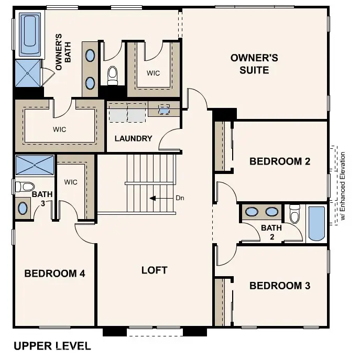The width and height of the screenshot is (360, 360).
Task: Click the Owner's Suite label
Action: [249, 63]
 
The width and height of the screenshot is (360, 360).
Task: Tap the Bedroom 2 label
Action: [280, 161]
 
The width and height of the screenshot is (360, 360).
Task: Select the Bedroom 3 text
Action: [280, 286]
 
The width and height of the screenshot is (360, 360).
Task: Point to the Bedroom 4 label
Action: [54, 273]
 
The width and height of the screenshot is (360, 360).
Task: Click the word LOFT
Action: [155, 270]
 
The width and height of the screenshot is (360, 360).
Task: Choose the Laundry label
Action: [134, 139]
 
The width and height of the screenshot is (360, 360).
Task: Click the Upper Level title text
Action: [52, 346]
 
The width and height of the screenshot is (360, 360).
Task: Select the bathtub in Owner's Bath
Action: [30, 35]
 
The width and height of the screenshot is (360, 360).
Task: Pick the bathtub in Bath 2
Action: [316, 223]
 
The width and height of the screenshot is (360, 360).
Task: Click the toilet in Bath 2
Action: [294, 214]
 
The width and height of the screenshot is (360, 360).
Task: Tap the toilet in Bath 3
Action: [25, 186]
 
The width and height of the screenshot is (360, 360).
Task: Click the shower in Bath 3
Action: [35, 165]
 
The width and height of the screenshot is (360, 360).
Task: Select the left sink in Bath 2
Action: [253, 212]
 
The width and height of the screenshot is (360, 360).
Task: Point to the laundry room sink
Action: [164, 110]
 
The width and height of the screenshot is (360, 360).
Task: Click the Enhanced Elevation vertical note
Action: [343, 186]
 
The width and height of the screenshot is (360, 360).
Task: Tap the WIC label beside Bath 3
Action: [71, 182]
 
